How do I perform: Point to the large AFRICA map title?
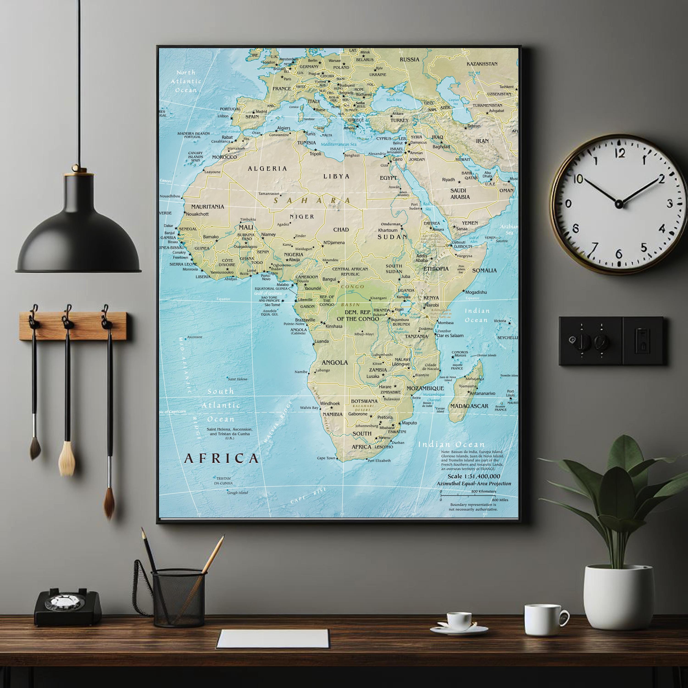tap(221, 458)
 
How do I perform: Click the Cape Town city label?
tap(326, 458)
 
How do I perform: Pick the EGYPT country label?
tap(388, 178)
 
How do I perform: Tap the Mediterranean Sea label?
tap(338, 144)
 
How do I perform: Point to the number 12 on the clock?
tap(620, 153)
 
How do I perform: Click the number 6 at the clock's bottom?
tap(619, 254)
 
